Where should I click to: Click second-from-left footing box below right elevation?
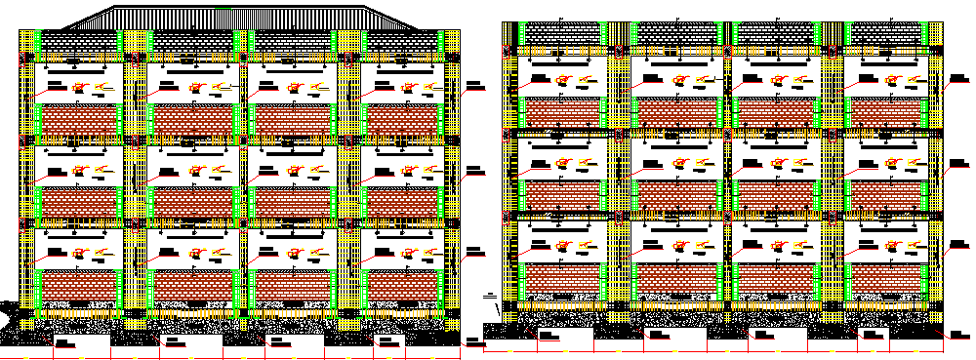673,339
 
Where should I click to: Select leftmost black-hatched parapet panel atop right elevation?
563,33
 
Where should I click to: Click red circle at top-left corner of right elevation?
507,51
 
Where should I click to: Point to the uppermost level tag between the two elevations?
474,85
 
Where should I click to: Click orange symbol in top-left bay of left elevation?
80,90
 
